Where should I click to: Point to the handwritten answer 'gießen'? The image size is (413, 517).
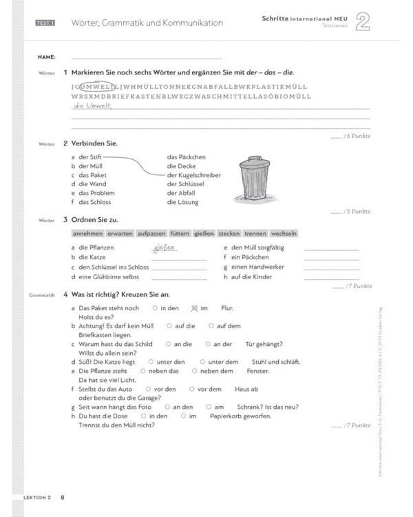click(165, 247)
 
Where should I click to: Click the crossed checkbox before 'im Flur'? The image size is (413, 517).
click(193, 308)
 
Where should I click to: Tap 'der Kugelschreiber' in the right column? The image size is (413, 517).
click(193, 175)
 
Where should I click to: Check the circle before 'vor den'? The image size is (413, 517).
click(149, 388)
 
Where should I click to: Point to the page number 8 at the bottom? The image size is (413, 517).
click(62, 497)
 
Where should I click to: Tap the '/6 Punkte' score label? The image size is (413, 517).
click(357, 136)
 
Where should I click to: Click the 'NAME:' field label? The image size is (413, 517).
click(47, 57)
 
